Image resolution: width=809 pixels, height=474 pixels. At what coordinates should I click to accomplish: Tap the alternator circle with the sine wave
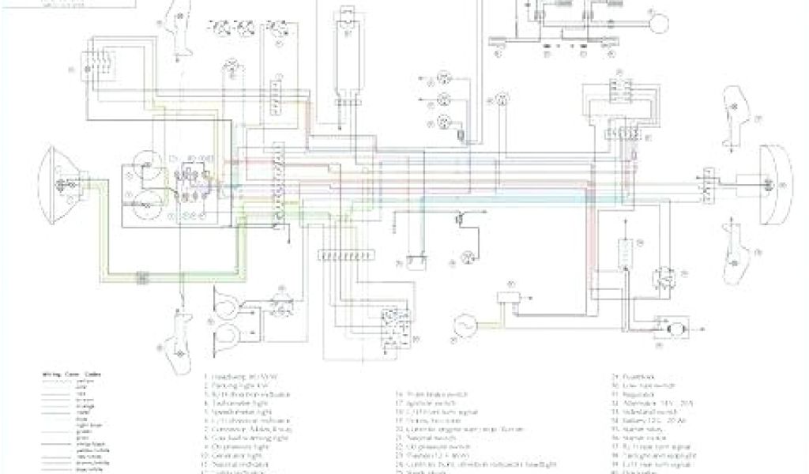[x=463, y=324]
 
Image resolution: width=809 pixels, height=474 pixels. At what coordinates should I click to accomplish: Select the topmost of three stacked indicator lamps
[x=444, y=77]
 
